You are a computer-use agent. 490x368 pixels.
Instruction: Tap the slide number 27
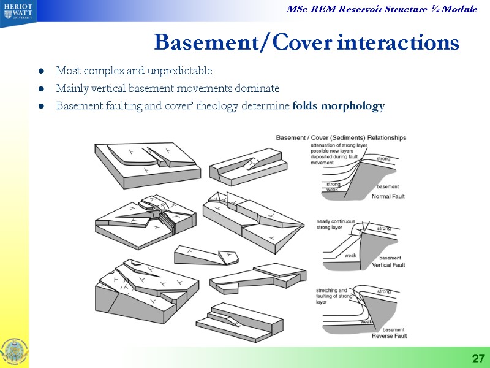pos(478,358)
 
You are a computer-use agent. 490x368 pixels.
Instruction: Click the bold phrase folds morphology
pos(339,106)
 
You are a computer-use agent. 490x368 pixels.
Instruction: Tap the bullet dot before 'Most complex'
pos(41,71)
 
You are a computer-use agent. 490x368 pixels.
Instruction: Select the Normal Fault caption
pos(388,196)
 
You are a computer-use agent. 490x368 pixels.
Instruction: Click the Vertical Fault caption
pos(388,266)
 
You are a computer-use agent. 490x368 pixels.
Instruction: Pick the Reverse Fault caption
pos(389,336)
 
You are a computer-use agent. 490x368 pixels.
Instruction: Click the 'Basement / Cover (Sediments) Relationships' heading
pos(341,137)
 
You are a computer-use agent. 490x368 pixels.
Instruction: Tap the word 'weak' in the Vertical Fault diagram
pos(351,255)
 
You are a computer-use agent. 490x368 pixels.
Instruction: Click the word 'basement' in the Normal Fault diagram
pos(388,186)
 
